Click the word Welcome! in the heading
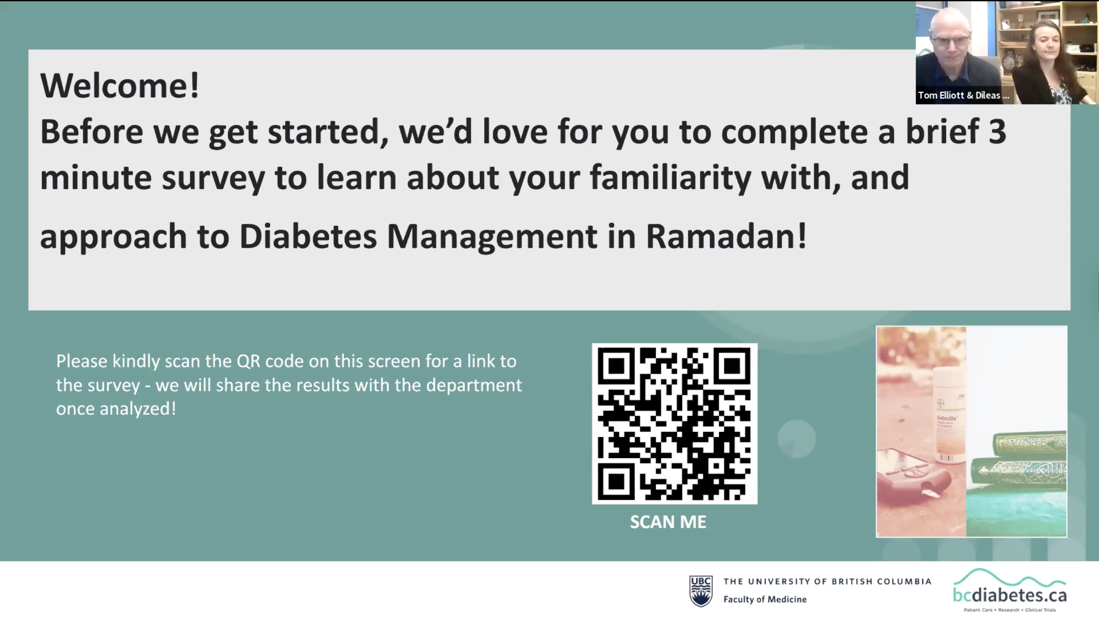[120, 85]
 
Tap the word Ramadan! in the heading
[726, 236]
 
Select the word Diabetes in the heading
[308, 236]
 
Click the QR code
[674, 423]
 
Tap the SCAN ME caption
[668, 522]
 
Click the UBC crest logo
[701, 591]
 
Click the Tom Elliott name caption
[963, 95]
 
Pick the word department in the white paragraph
[474, 386]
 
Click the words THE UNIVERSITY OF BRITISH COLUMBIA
[827, 581]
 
